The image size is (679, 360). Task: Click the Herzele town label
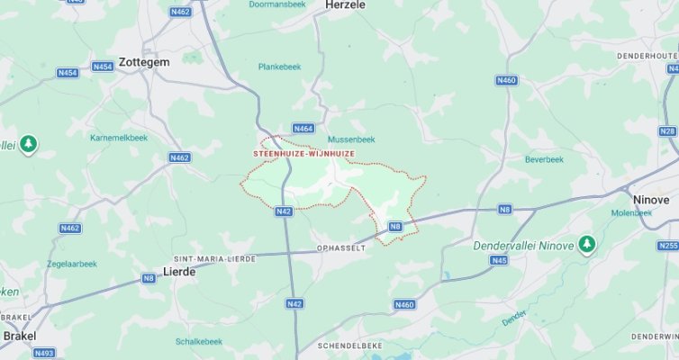(x=347, y=4)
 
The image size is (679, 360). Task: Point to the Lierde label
(x=178, y=271)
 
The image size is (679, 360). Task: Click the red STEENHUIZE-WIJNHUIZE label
(x=303, y=154)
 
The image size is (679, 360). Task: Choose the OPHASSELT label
(x=341, y=247)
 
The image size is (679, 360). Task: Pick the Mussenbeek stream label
(x=350, y=139)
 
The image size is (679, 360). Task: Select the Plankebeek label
(x=279, y=67)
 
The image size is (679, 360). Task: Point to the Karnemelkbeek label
(x=118, y=138)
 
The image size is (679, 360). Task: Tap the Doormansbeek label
(x=277, y=4)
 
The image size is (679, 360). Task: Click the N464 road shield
(x=303, y=129)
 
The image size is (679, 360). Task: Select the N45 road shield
(x=499, y=260)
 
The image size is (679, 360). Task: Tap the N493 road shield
(x=44, y=354)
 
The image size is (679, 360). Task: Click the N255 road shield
(x=667, y=245)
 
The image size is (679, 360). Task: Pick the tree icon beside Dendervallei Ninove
(x=587, y=244)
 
